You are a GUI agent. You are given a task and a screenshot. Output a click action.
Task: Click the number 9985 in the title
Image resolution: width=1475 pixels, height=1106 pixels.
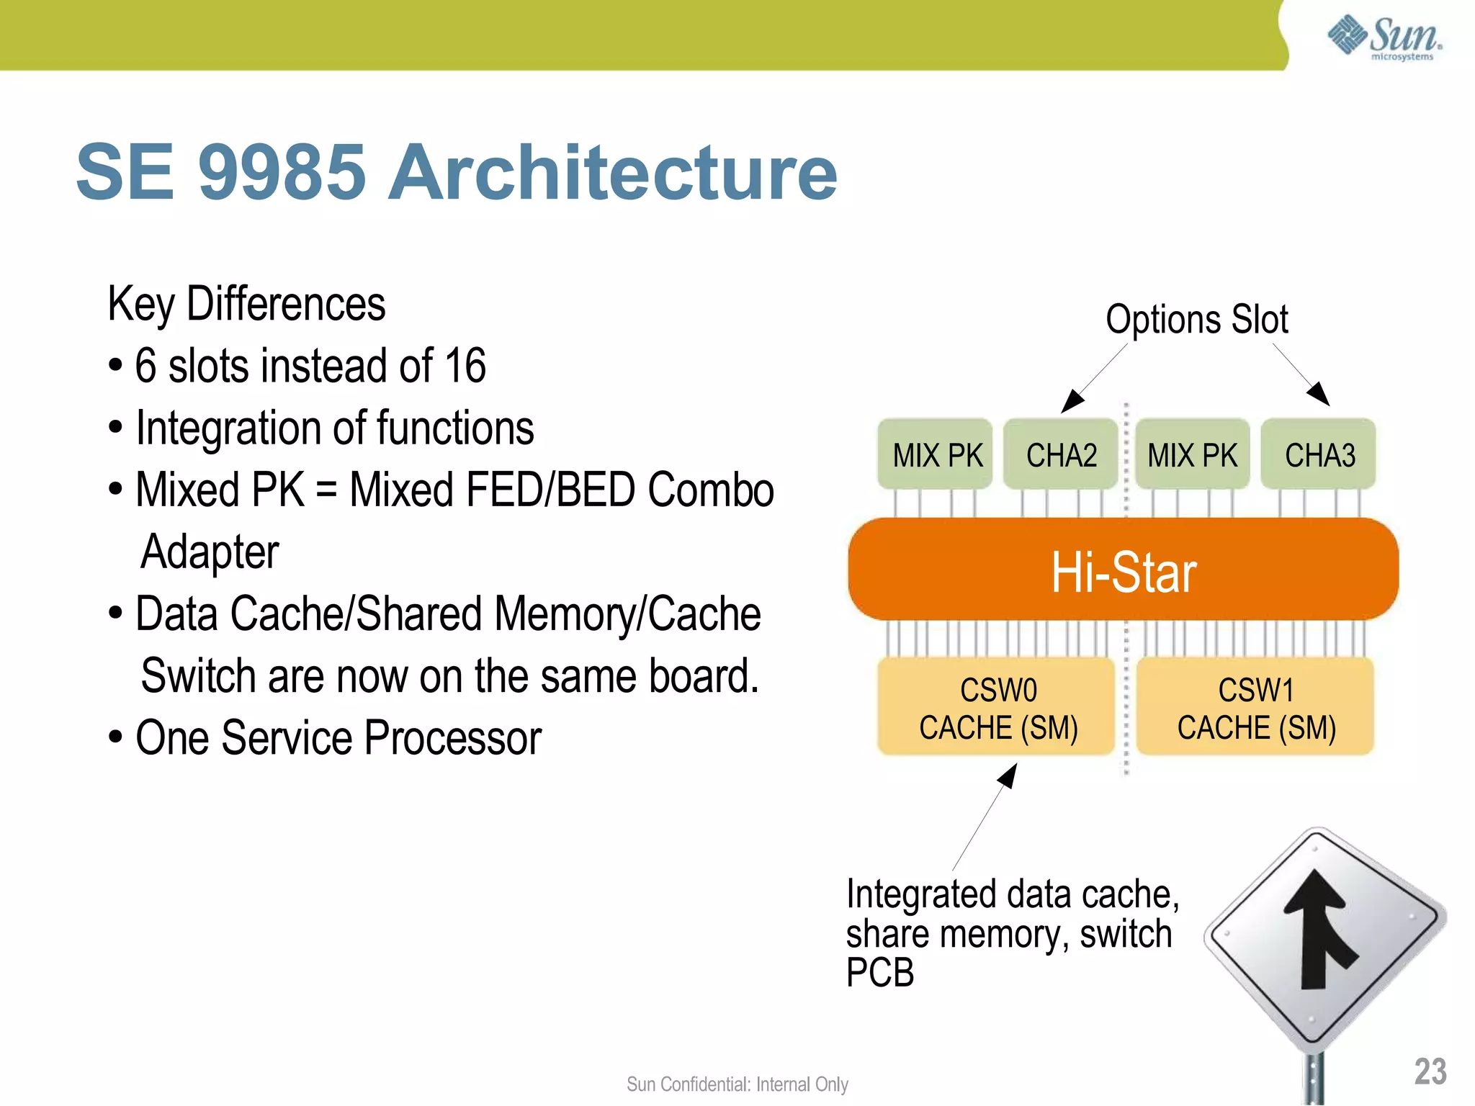coord(282,172)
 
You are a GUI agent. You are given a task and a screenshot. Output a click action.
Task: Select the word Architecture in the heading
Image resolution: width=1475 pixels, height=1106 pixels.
coord(612,172)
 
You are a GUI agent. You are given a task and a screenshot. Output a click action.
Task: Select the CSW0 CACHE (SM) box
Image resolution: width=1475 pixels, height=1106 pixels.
coord(997,708)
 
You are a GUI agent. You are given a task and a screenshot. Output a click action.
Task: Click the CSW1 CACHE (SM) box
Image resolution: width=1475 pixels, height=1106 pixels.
coord(1255,708)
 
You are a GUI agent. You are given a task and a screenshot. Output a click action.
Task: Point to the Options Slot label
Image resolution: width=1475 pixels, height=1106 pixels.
coord(1196,320)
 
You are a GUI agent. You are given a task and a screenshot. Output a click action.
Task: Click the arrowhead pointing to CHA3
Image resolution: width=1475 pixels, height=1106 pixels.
coord(1319,395)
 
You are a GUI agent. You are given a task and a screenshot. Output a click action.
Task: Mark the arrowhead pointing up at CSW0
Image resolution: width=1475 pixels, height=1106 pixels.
coord(1008,775)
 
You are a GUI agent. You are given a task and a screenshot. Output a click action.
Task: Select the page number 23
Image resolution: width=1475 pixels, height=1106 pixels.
coord(1430,1071)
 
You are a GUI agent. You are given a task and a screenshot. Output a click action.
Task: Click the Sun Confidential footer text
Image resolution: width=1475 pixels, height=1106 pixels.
coord(737,1084)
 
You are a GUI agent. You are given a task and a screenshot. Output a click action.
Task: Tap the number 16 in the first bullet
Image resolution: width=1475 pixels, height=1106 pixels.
coord(465,366)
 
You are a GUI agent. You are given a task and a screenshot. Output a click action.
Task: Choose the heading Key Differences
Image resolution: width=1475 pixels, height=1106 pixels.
coord(246,304)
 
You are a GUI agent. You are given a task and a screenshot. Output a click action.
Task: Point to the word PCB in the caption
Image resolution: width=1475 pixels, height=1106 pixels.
coord(879,973)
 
